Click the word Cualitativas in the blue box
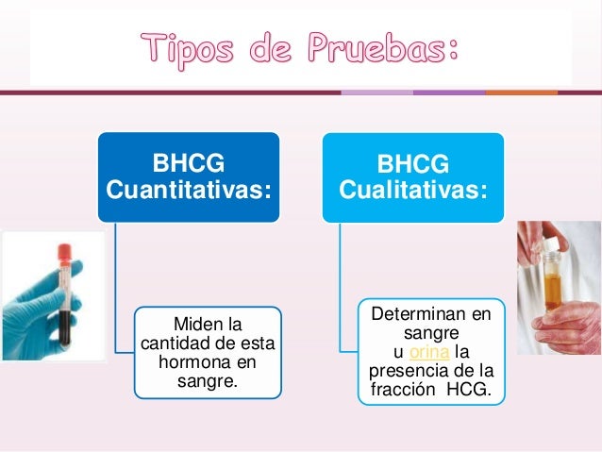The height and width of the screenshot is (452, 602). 413,192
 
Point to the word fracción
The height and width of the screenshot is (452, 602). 404,387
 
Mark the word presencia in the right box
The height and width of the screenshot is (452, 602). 414,369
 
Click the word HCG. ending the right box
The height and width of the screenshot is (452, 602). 471,387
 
